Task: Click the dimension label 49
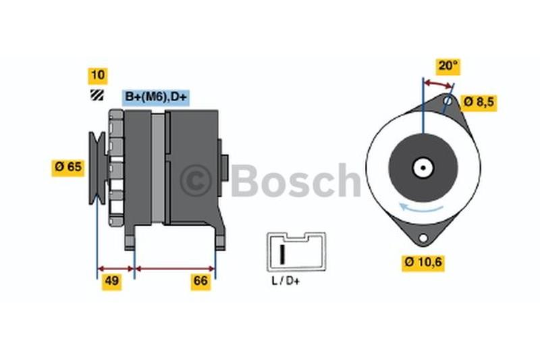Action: tap(111, 281)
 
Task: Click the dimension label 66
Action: tap(200, 281)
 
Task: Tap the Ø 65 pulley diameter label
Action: tap(68, 167)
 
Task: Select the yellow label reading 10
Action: tap(98, 76)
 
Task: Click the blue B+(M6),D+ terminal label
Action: tap(156, 97)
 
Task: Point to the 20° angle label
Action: tap(448, 66)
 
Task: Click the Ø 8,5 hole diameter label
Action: tap(479, 102)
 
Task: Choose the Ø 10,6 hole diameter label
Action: tap(423, 263)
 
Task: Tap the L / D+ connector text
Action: tap(286, 282)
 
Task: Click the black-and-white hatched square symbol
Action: tap(97, 95)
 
